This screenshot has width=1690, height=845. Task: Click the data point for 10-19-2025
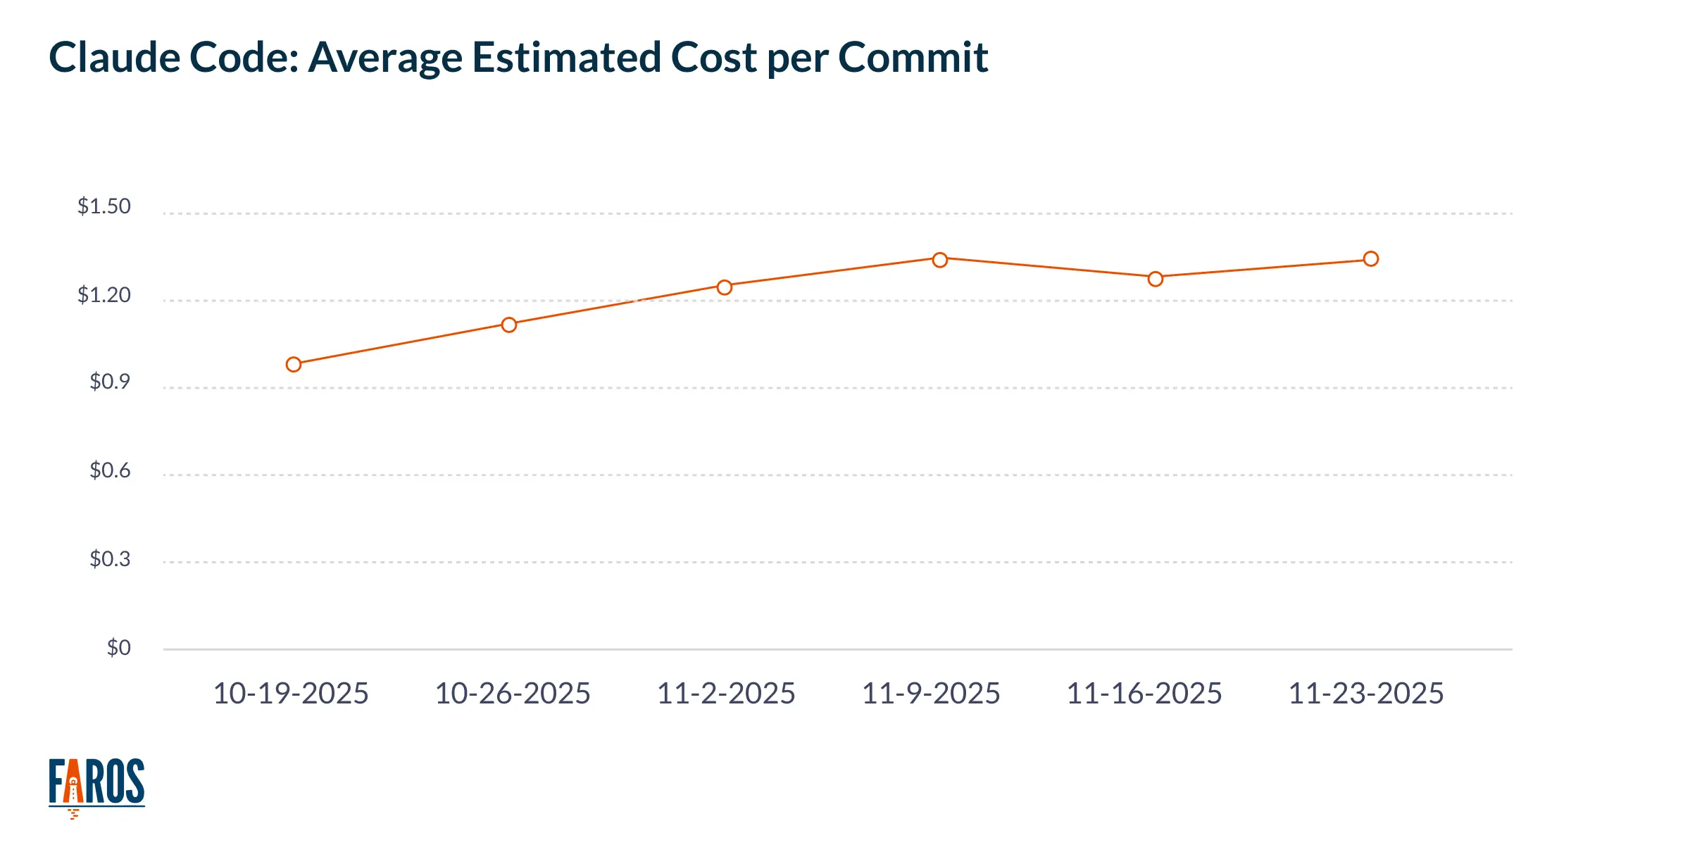point(294,364)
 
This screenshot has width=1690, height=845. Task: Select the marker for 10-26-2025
point(509,325)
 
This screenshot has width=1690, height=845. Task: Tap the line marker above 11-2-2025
point(725,287)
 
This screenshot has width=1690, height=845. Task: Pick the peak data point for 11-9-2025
point(940,260)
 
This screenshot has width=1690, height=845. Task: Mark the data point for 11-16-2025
point(1156,279)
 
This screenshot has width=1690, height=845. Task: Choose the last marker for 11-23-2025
point(1371,259)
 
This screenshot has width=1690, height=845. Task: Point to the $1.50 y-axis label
point(104,206)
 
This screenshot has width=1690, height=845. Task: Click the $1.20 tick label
point(104,294)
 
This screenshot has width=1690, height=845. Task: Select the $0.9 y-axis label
point(110,382)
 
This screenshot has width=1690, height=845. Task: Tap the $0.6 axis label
point(110,470)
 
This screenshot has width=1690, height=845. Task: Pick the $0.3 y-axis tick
point(110,558)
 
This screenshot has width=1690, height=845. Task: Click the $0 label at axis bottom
point(118,647)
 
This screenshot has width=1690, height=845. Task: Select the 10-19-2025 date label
point(291,694)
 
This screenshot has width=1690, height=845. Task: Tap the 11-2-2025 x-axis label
point(726,694)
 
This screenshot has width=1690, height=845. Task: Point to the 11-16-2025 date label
point(1144,694)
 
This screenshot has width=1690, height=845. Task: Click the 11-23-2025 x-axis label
point(1366,694)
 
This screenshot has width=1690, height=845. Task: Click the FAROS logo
point(96,784)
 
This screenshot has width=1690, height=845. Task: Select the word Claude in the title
point(113,57)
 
